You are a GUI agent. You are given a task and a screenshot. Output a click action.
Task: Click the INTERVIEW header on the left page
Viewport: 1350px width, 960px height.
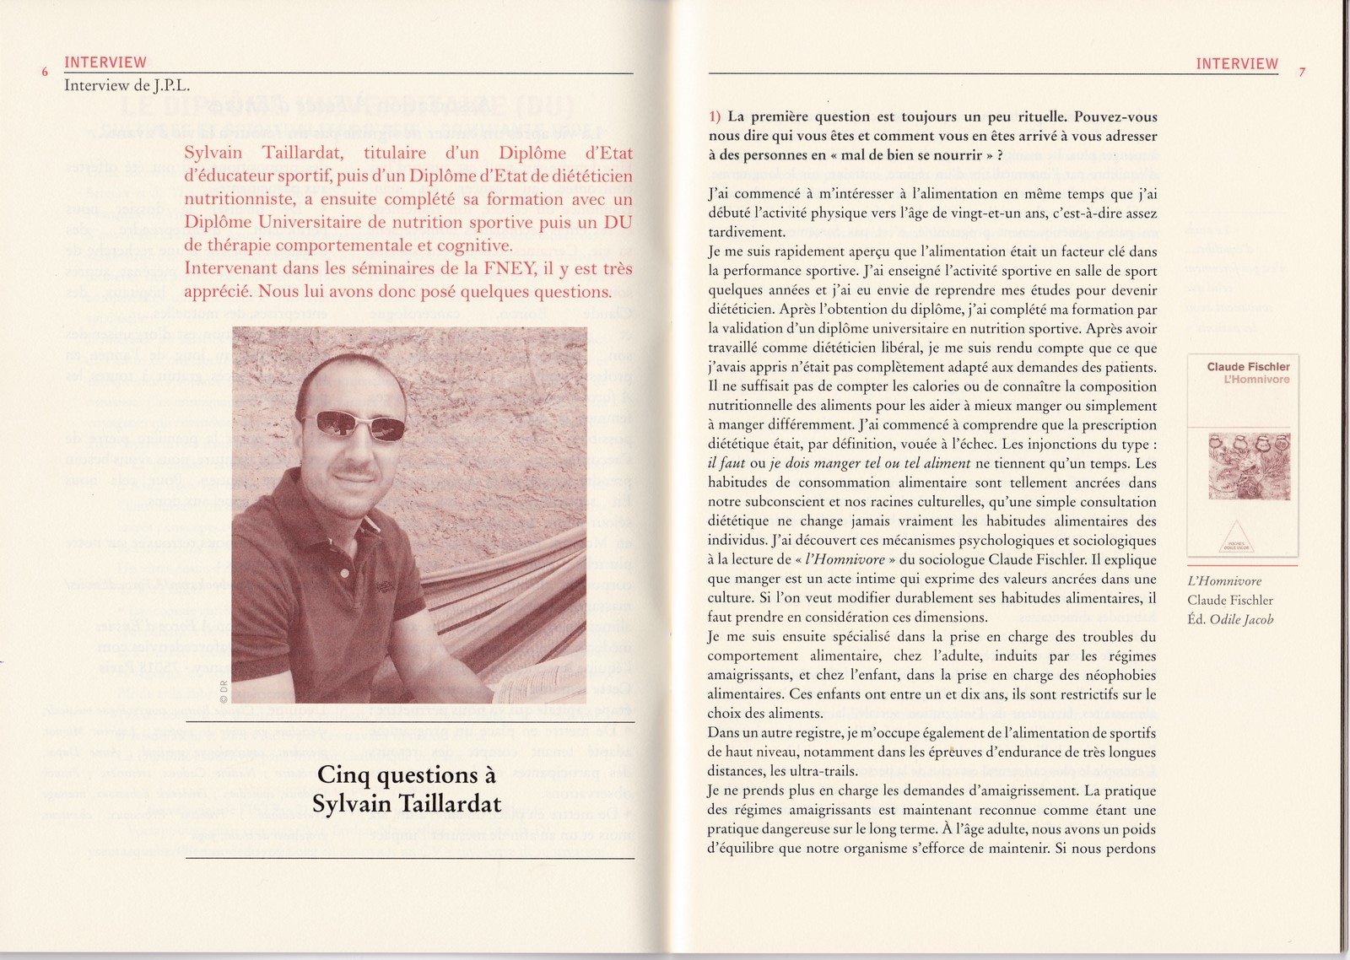coord(105,62)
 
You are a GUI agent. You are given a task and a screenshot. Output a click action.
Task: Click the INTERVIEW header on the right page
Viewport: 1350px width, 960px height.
coord(1237,64)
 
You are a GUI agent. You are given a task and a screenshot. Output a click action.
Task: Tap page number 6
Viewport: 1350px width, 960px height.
coord(45,73)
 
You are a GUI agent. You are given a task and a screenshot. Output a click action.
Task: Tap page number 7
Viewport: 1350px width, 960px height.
coord(1302,73)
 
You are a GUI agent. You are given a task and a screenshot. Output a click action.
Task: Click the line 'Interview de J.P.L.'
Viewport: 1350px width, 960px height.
coord(127,85)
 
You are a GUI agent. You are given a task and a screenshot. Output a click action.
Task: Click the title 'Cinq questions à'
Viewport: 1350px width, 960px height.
coord(407,774)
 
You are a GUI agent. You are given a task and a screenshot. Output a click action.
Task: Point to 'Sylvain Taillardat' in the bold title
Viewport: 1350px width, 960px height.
coord(407,804)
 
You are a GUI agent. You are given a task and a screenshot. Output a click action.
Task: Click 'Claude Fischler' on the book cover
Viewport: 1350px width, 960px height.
coord(1248,367)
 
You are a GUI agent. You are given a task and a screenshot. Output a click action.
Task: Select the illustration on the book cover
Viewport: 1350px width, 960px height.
coord(1248,464)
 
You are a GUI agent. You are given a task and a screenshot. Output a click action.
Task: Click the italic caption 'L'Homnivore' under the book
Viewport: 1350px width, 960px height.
coord(1223,581)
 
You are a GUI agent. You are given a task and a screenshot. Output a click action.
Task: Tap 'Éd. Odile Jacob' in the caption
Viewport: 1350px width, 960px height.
coord(1230,619)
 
